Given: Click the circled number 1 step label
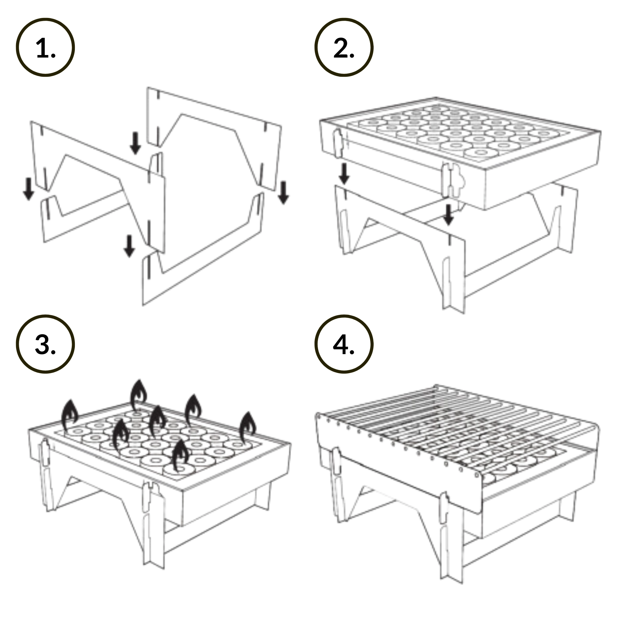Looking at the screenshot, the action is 45,47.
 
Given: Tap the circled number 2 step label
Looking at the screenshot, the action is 344,47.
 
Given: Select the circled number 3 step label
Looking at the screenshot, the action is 45,344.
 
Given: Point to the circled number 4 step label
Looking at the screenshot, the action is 344,344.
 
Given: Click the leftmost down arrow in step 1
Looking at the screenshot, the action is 29,189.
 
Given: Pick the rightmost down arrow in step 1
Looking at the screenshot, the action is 284,193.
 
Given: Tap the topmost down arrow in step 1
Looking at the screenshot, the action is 136,143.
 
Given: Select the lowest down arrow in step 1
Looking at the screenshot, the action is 129,246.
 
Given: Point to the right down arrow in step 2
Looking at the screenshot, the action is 449,215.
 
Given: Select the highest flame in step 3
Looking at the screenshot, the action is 138,395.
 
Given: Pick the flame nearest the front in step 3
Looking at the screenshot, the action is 180,455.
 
